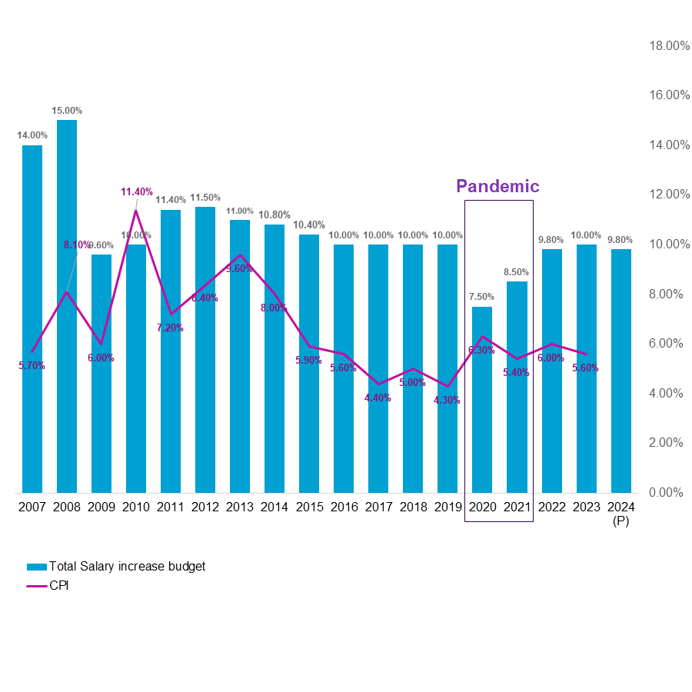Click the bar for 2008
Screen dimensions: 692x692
click(x=67, y=308)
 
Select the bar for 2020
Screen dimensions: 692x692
click(x=482, y=400)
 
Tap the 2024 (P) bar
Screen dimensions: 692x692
click(x=620, y=369)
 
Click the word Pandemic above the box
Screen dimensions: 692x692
click(x=497, y=186)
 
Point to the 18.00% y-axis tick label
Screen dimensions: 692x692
click(x=669, y=46)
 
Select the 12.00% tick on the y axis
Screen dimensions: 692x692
click(x=669, y=195)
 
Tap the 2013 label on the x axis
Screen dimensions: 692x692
click(x=240, y=507)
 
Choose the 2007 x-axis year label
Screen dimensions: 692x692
click(x=32, y=507)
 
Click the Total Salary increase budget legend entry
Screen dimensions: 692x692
click(x=127, y=567)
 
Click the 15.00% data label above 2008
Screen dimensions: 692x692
click(x=67, y=111)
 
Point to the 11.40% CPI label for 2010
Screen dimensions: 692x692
click(x=137, y=192)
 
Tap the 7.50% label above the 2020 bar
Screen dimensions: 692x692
click(x=482, y=297)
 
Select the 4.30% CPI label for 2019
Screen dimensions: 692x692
click(x=447, y=400)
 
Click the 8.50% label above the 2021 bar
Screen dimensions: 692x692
click(x=517, y=272)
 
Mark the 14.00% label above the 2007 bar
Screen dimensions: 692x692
click(x=32, y=135)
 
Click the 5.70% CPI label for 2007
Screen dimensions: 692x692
click(x=32, y=366)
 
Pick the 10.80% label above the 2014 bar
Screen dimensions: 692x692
click(x=274, y=215)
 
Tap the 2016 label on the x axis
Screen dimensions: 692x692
click(x=344, y=507)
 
